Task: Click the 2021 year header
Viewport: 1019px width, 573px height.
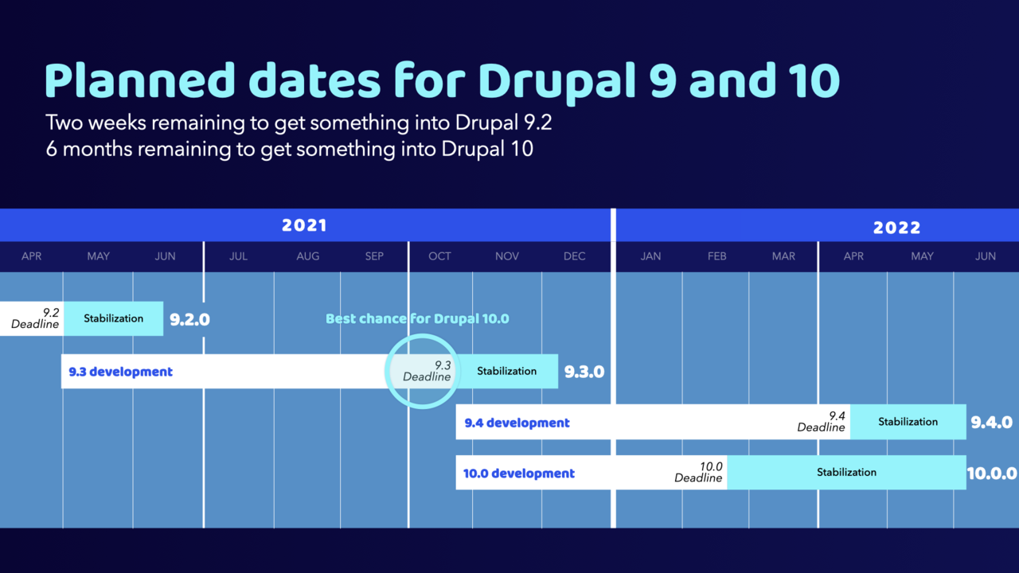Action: click(x=304, y=225)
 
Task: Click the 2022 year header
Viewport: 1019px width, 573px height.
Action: click(x=896, y=227)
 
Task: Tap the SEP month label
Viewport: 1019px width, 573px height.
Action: click(x=374, y=256)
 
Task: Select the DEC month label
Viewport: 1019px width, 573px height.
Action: click(x=574, y=256)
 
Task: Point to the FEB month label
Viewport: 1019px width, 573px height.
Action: click(x=716, y=256)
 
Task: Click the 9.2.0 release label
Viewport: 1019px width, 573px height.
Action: click(x=189, y=320)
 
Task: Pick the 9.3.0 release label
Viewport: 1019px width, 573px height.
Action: click(x=584, y=372)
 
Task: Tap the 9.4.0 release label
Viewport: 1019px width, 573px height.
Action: click(x=991, y=423)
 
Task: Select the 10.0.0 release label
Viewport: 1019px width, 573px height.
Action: click(x=992, y=473)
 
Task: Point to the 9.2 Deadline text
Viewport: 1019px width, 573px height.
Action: click(x=36, y=318)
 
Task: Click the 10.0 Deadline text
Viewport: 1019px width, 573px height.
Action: click(x=699, y=473)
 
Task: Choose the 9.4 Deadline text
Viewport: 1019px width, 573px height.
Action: click(x=822, y=422)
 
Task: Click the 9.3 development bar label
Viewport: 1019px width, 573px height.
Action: click(x=120, y=372)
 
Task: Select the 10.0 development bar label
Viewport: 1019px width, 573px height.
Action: click(x=519, y=474)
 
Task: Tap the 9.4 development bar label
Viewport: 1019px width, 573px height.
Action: click(x=517, y=423)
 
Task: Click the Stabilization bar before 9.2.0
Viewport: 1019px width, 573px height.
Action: click(x=113, y=318)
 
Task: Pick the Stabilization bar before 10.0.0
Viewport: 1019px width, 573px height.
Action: click(x=846, y=472)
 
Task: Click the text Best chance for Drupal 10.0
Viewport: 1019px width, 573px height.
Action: click(x=417, y=318)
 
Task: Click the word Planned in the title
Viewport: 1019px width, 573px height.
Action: click(x=140, y=80)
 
